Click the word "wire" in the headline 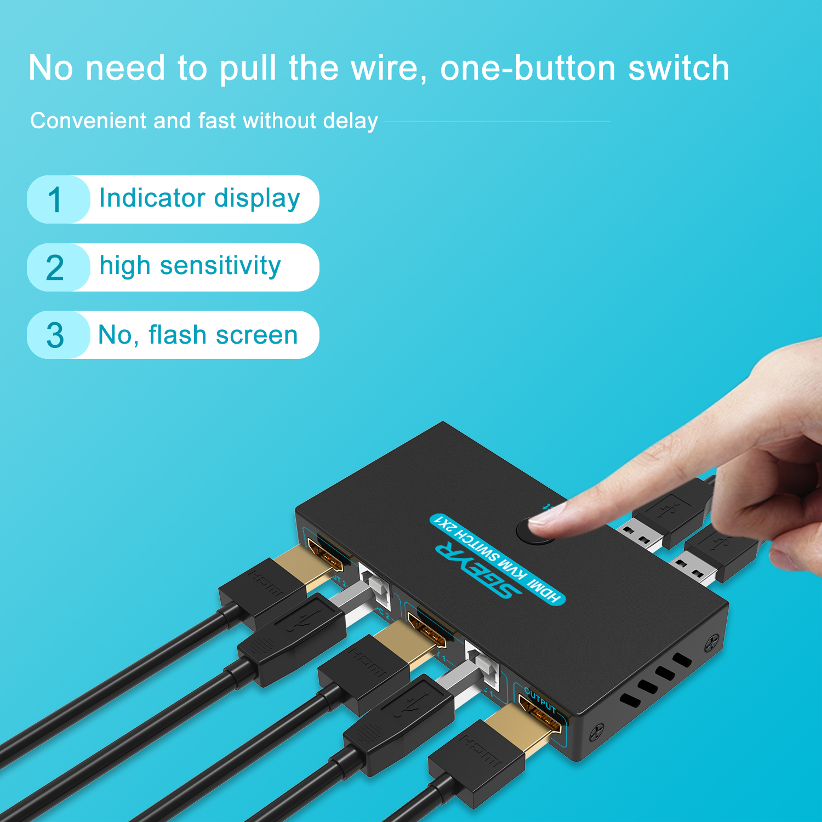tap(386, 68)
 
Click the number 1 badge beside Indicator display tap(55, 199)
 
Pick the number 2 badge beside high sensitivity tap(55, 268)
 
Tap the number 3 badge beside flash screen tap(55, 335)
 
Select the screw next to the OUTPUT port tap(597, 731)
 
